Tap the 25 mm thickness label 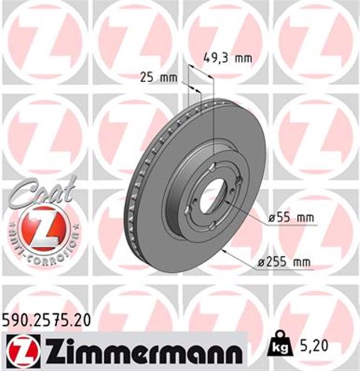[x=158, y=77]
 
